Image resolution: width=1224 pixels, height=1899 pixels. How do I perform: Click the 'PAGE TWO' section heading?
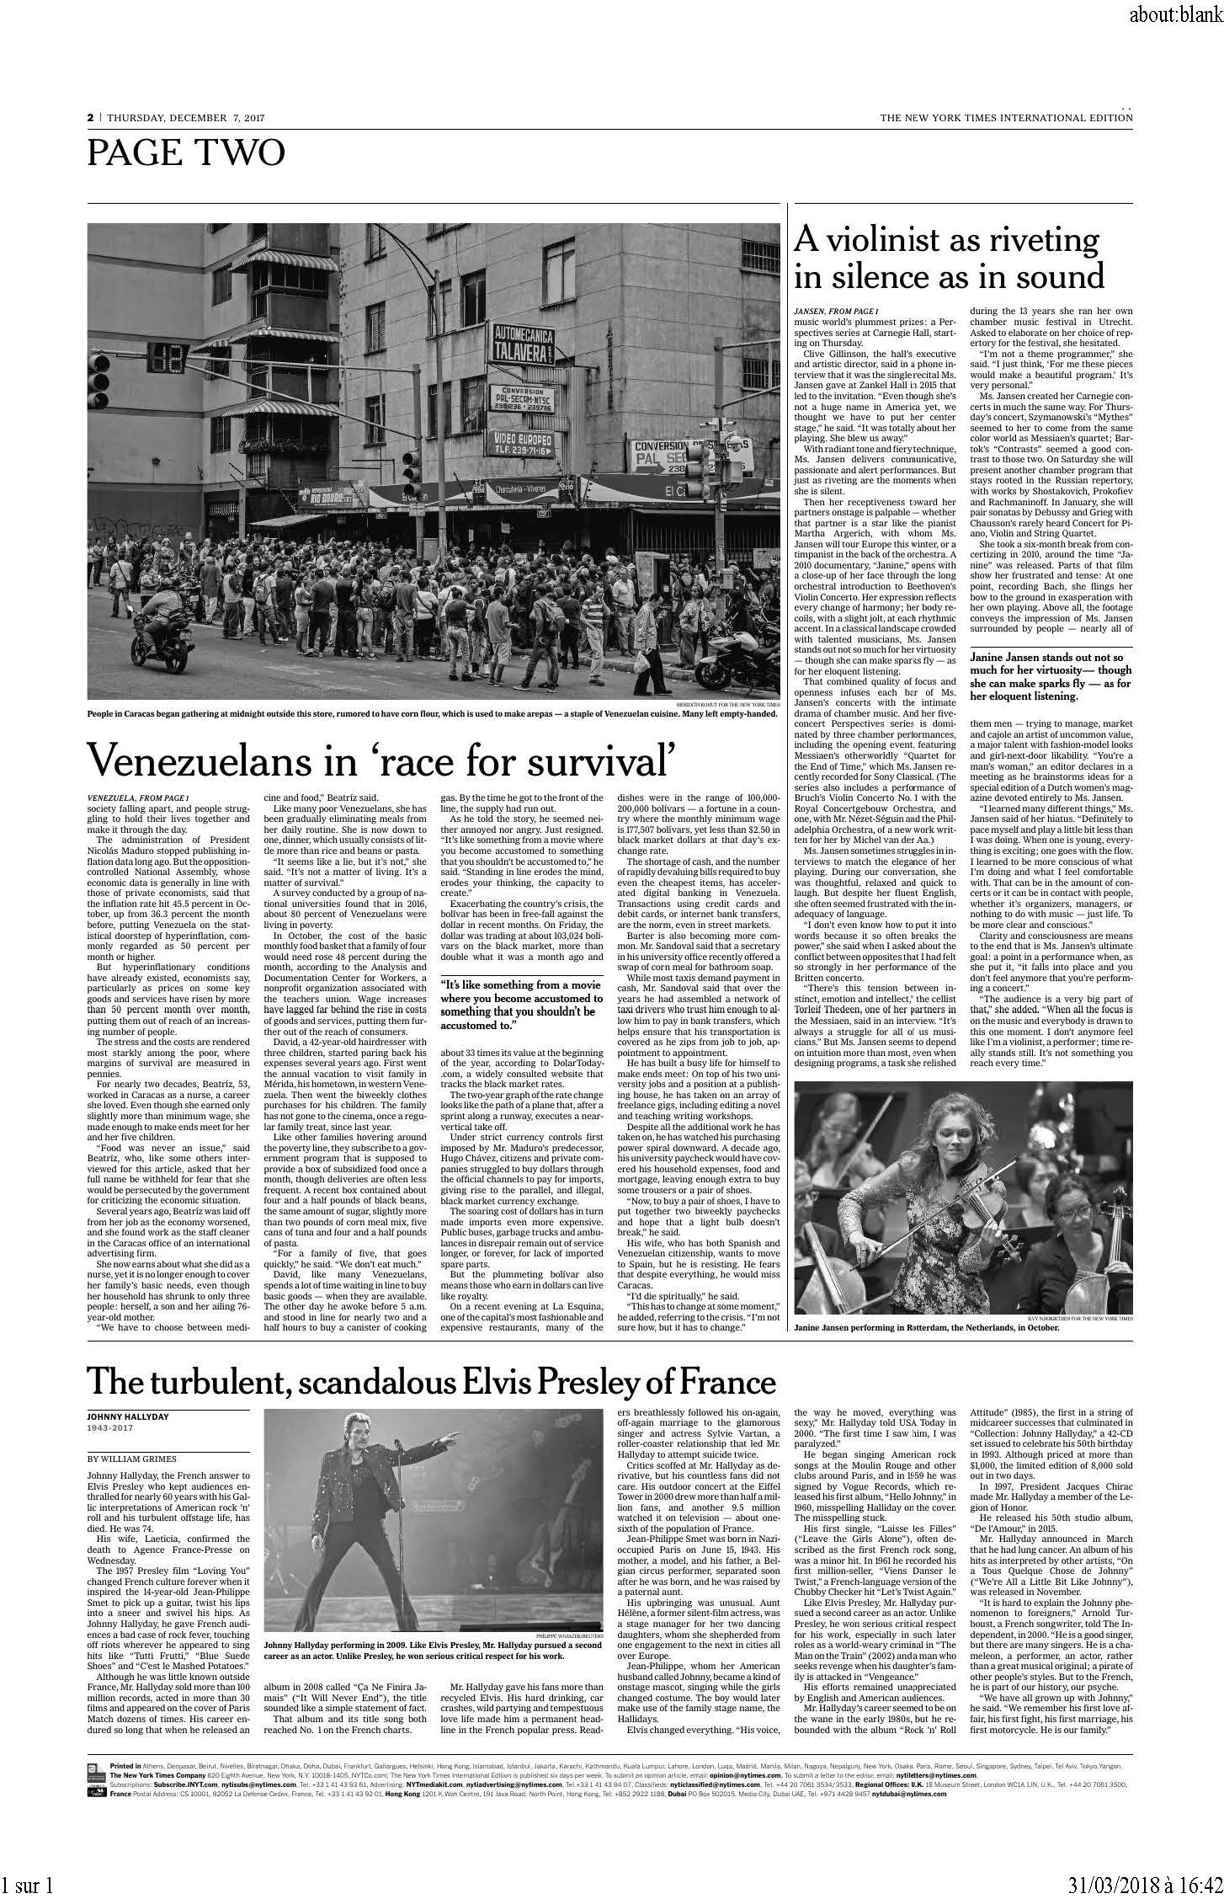pos(186,153)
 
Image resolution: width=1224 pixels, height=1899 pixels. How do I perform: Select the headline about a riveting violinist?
pos(949,259)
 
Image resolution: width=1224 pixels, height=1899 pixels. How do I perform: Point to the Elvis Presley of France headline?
pos(431,1381)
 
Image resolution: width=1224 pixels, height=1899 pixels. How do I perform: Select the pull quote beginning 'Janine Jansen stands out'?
pos(1051,676)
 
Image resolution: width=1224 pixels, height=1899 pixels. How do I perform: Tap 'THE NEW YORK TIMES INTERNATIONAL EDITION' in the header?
pos(1005,118)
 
